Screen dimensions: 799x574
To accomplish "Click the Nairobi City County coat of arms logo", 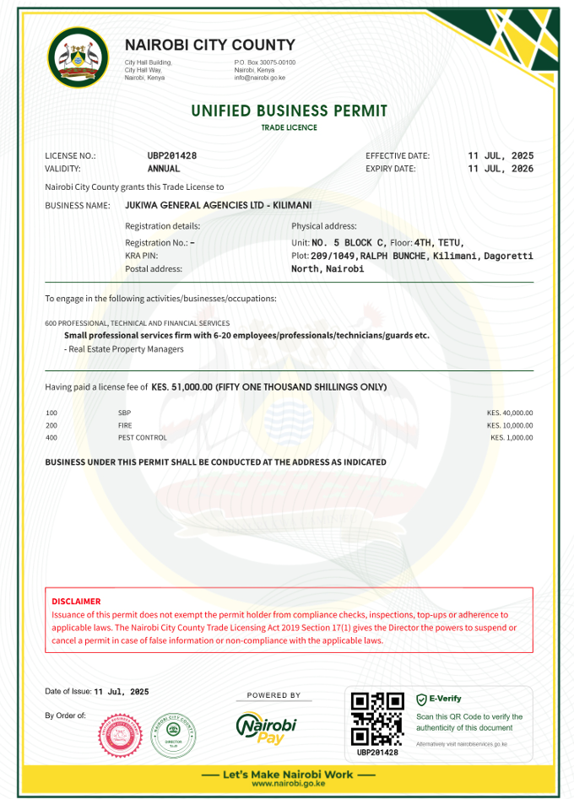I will pyautogui.click(x=77, y=58).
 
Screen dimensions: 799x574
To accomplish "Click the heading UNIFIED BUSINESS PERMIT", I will pyautogui.click(x=289, y=111).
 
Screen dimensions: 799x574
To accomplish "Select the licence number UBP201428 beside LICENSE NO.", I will pyautogui.click(x=172, y=155).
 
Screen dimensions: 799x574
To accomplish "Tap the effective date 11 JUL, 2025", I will pyautogui.click(x=501, y=155).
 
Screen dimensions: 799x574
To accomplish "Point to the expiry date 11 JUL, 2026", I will pyautogui.click(x=501, y=169).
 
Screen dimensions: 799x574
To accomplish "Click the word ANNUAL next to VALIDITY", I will pyautogui.click(x=164, y=169).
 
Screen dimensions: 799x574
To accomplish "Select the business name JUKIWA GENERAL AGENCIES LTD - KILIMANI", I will pyautogui.click(x=218, y=205).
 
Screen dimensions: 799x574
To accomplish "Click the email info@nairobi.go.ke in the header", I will pyautogui.click(x=260, y=78).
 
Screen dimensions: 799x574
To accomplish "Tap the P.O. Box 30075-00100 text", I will pyautogui.click(x=264, y=62).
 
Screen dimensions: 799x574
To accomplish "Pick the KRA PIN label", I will pyautogui.click(x=141, y=256).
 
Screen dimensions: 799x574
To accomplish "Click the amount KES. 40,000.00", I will pyautogui.click(x=510, y=413).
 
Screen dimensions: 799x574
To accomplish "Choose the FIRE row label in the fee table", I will pyautogui.click(x=125, y=425).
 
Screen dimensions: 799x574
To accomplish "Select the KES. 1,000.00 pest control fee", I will pyautogui.click(x=512, y=438).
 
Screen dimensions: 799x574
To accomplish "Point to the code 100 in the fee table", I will pyautogui.click(x=51, y=413).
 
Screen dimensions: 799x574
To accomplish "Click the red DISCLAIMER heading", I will pyautogui.click(x=76, y=602).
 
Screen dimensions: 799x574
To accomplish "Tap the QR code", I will pyautogui.click(x=377, y=720).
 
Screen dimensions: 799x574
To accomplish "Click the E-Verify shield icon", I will pyautogui.click(x=421, y=699).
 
